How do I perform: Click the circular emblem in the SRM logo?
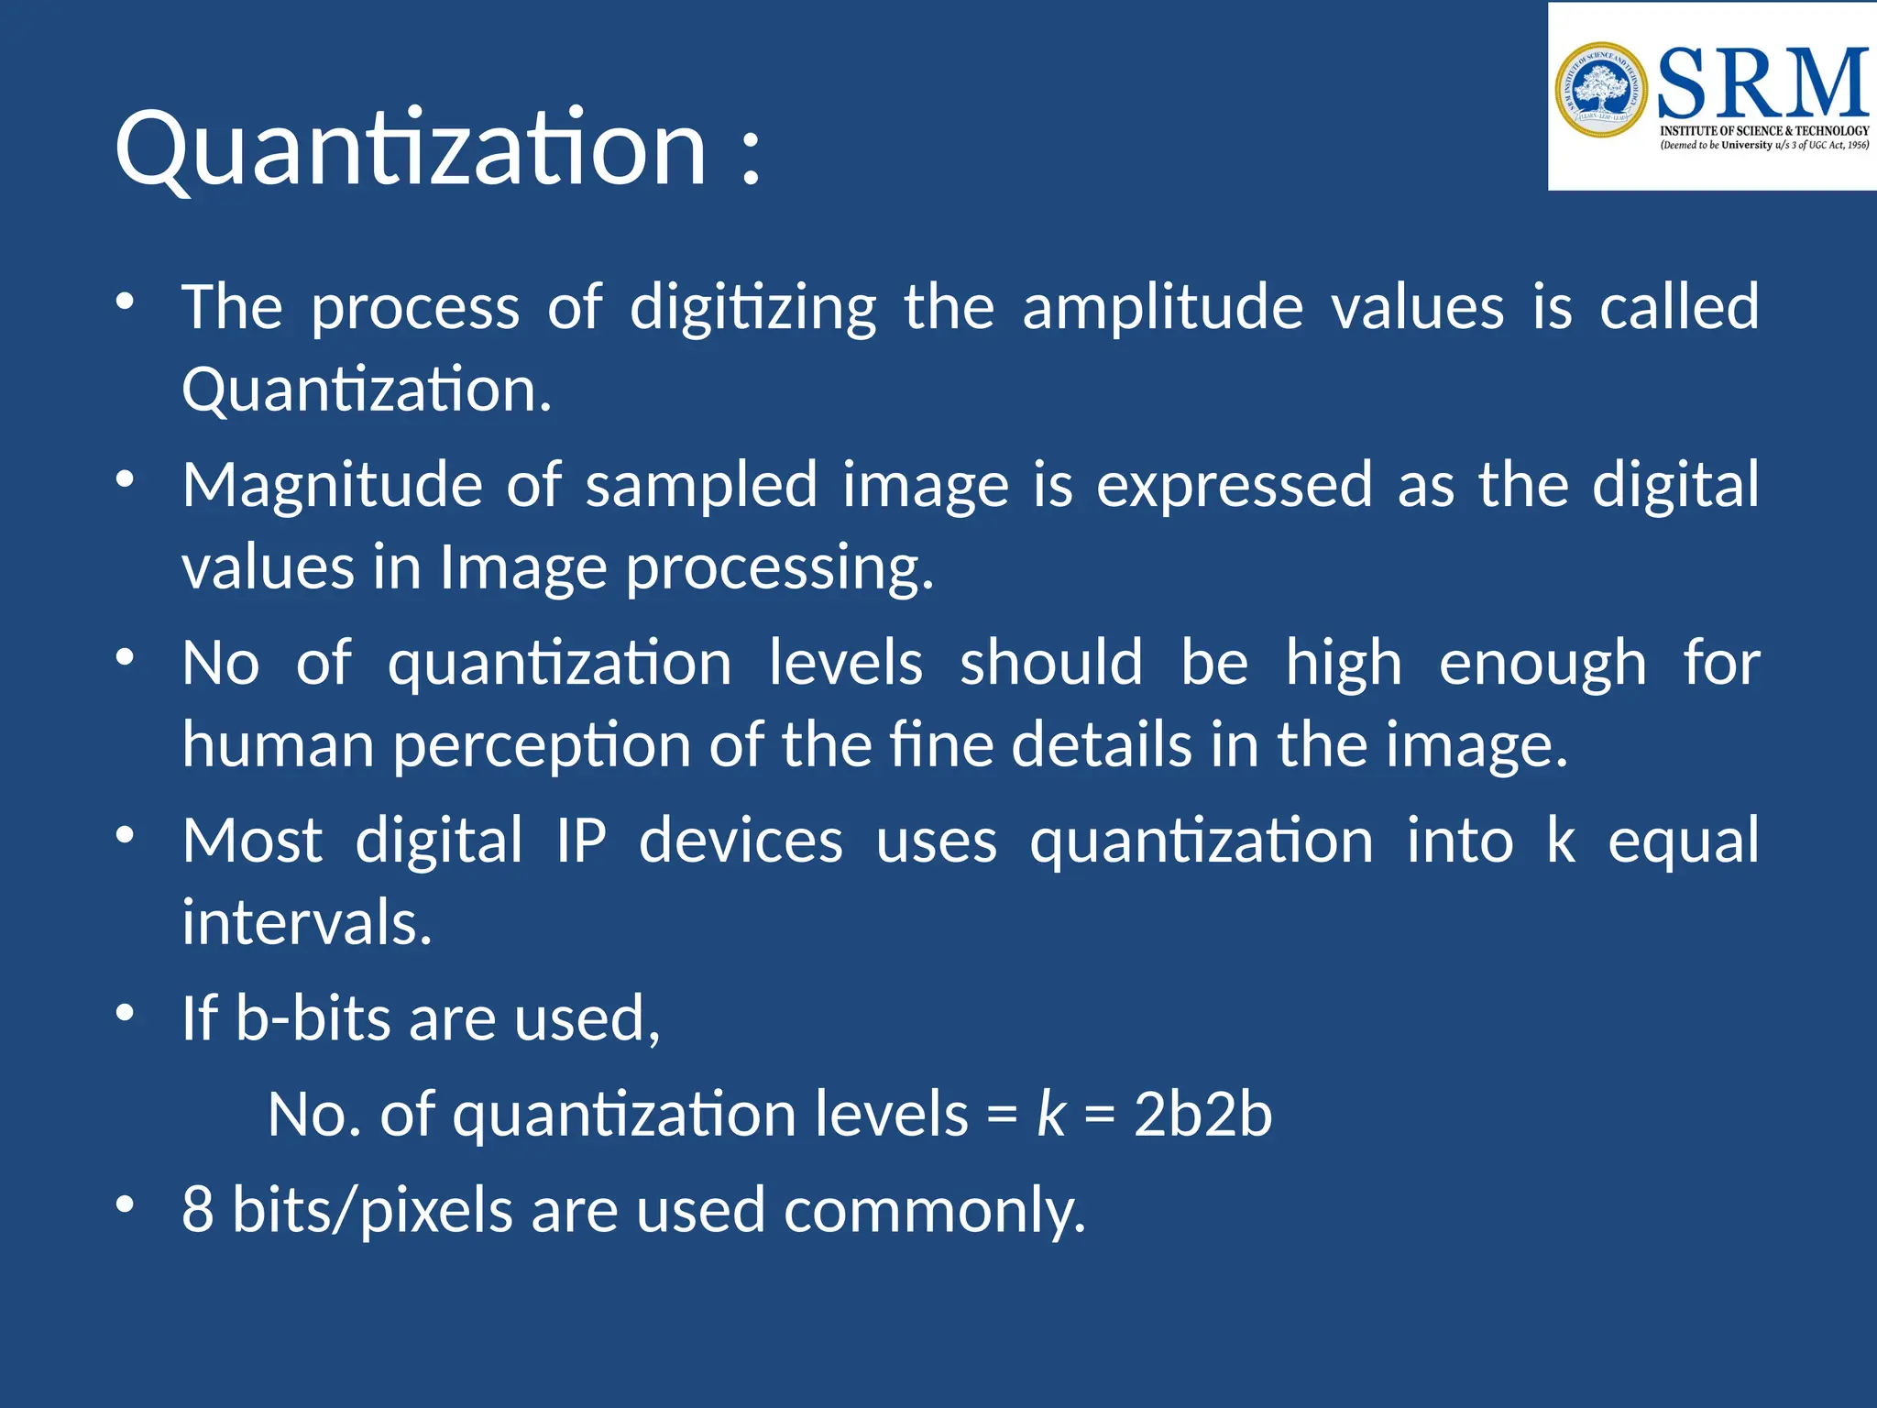(1601, 90)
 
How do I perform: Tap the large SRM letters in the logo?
(1762, 82)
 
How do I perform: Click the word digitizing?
(752, 308)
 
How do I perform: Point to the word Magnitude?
(332, 486)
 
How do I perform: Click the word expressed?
(1234, 486)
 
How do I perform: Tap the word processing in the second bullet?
(779, 568)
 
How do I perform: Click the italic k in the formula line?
(1050, 1115)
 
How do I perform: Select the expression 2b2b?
(1202, 1115)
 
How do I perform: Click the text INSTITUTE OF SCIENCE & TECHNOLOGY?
(1764, 131)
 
